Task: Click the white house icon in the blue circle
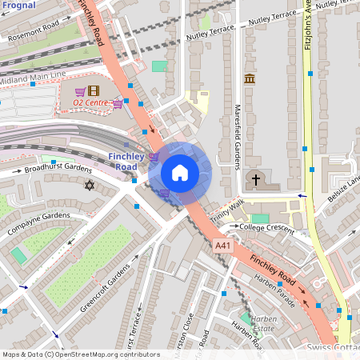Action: pos(180,172)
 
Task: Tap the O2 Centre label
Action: pos(91,102)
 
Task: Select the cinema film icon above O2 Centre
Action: pos(94,90)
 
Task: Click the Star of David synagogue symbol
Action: pos(89,186)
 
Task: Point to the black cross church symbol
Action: pos(257,180)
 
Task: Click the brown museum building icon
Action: pos(250,79)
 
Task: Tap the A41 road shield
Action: pos(224,246)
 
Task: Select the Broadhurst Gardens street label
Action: pos(58,168)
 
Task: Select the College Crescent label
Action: pos(268,227)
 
